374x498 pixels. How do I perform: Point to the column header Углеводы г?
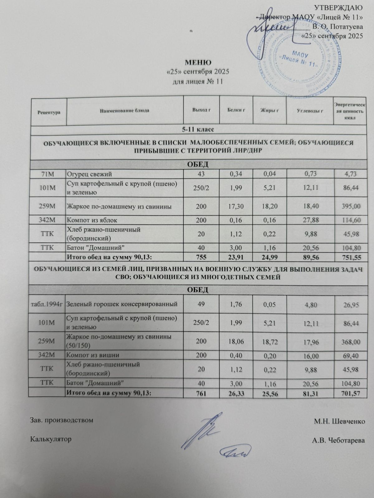(309, 110)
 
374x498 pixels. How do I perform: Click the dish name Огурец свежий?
(90, 174)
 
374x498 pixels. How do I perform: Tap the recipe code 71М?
(49, 174)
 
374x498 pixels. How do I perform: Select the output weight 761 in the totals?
(201, 393)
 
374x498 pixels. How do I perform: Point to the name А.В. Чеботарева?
(338, 440)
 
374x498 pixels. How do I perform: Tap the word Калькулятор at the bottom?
(50, 439)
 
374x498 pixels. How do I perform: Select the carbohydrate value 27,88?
(309, 220)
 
